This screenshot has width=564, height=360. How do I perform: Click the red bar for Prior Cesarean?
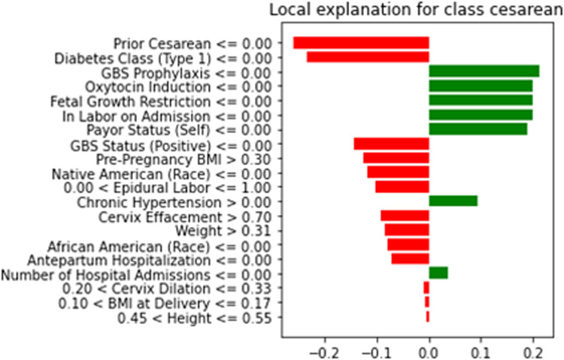(361, 43)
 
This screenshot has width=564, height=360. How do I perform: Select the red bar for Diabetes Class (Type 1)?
(368, 57)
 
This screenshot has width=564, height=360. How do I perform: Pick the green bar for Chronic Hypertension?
(453, 201)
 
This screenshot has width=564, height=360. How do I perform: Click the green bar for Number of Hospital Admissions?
(438, 273)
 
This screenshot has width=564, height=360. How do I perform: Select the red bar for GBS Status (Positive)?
(391, 144)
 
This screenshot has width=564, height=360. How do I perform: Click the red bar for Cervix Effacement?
(405, 216)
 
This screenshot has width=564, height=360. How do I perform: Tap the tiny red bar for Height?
(427, 316)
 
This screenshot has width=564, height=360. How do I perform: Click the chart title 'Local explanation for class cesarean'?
(420, 13)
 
